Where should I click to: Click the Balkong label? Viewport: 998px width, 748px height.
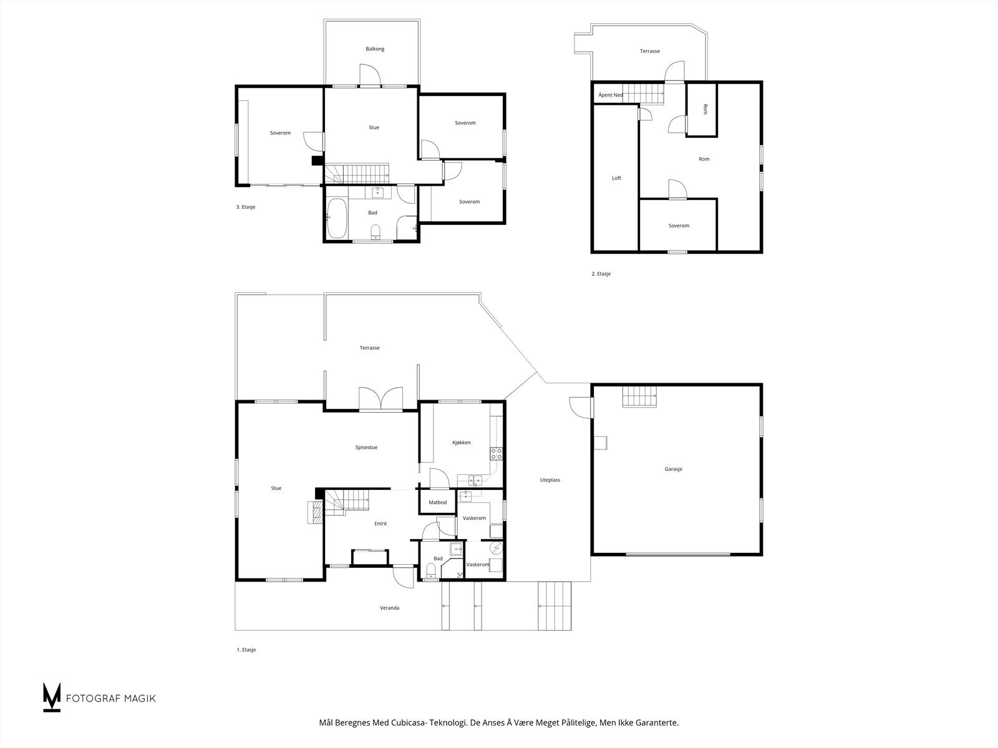[375, 49]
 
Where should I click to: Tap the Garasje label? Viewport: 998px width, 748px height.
[674, 469]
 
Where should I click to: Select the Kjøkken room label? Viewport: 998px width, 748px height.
[462, 443]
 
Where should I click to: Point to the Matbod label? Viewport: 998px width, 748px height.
[437, 502]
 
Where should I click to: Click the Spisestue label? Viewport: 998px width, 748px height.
[367, 448]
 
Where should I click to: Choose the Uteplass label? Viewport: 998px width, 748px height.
[550, 480]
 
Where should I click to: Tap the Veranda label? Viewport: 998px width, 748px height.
[390, 608]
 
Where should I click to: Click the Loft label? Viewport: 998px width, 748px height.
[616, 178]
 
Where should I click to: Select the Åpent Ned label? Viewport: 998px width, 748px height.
[611, 95]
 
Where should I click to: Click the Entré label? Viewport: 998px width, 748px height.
[380, 524]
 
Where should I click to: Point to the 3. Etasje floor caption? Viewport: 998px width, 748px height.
[246, 207]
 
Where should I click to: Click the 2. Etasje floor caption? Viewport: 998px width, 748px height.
[601, 274]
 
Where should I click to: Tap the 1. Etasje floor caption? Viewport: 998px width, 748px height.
[246, 650]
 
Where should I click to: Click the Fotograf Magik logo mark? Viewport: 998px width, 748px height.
[51, 697]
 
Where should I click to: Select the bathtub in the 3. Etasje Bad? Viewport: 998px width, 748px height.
[337, 218]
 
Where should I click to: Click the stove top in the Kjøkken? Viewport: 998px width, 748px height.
[496, 454]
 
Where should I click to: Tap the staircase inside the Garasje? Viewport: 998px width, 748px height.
[640, 396]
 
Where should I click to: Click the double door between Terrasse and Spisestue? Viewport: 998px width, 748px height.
[380, 399]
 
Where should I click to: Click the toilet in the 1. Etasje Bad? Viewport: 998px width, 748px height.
[431, 571]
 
